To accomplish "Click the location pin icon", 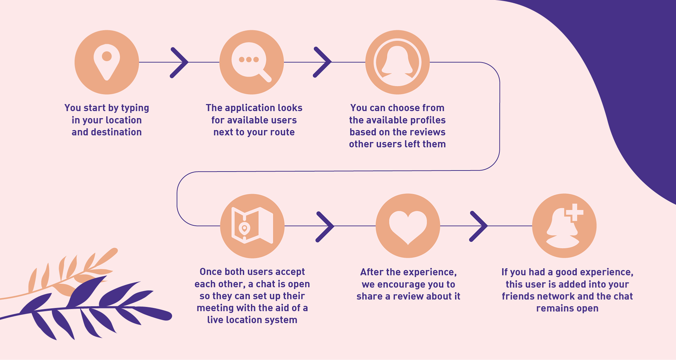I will click(107, 62).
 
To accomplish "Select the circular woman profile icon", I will click(397, 62).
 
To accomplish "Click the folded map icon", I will click(252, 226).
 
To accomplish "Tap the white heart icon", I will click(408, 226).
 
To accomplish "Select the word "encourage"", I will click(401, 284).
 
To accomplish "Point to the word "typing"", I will click(135, 108).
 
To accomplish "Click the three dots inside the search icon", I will click(249, 59).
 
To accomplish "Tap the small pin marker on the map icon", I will click(244, 228).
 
